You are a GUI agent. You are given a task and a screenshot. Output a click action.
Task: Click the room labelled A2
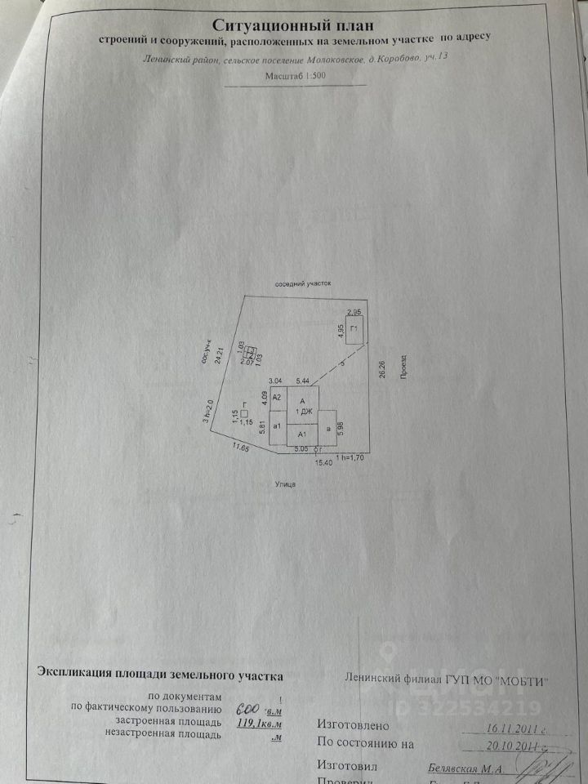(277, 397)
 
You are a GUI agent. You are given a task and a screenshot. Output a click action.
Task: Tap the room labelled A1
(302, 436)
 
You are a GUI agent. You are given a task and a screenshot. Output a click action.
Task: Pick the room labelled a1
(278, 426)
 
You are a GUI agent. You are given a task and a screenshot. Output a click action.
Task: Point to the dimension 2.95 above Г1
(354, 312)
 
